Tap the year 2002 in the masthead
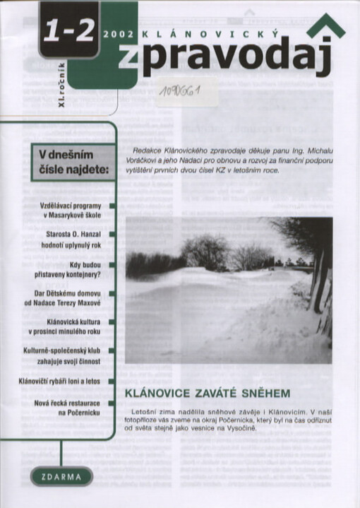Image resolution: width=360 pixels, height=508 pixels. click(117, 33)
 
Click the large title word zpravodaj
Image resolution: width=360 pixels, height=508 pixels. click(225, 60)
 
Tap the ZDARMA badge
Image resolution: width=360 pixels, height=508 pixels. click(61, 476)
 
